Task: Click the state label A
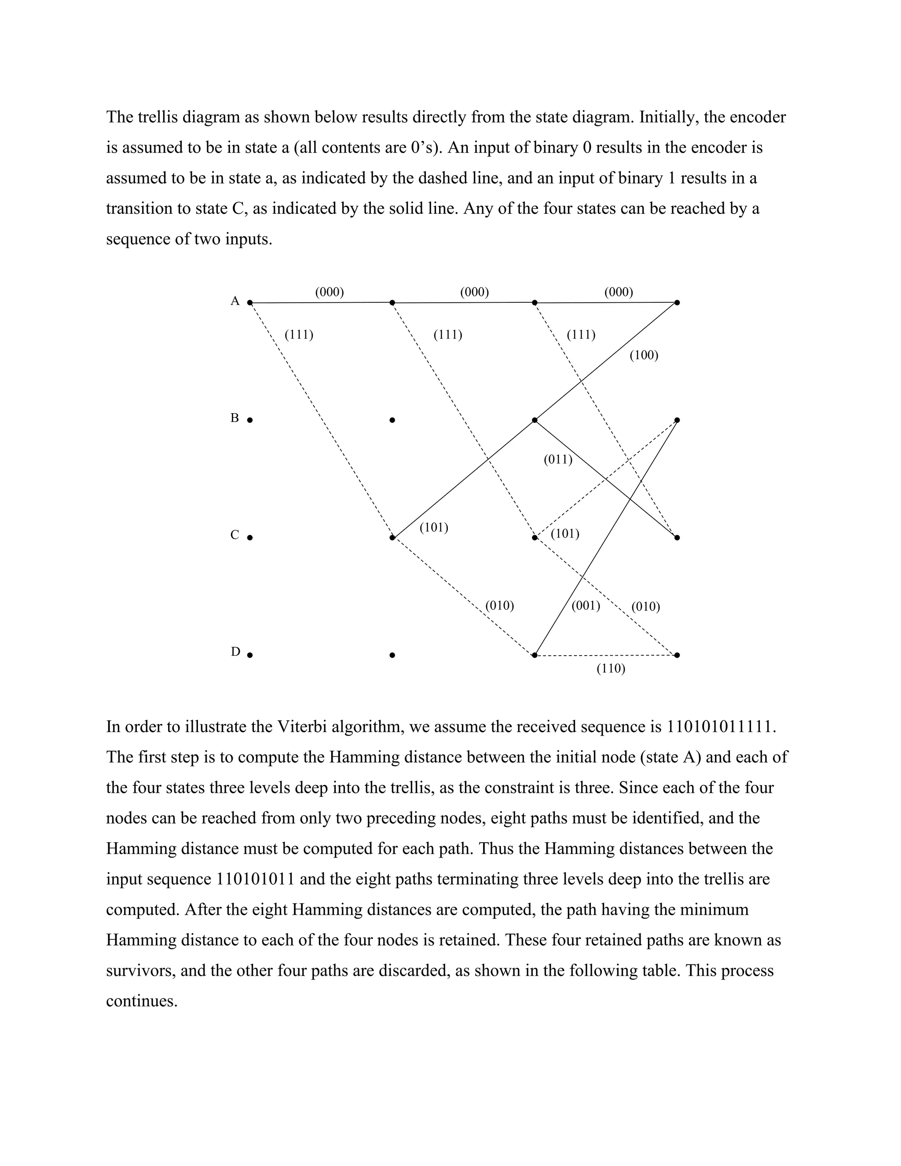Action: tap(235, 301)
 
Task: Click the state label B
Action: tap(235, 418)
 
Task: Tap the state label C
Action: tap(235, 535)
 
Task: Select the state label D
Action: tap(235, 652)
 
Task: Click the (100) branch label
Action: tap(644, 356)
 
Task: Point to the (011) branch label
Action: tap(558, 460)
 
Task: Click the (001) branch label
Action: tap(586, 606)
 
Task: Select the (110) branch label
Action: tap(611, 668)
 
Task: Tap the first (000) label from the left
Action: tap(330, 292)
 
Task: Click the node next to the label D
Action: tap(250, 655)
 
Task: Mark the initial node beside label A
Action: tap(250, 303)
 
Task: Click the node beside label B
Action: tap(250, 420)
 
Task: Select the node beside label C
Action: tap(250, 538)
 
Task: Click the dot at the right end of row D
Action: tap(677, 655)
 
